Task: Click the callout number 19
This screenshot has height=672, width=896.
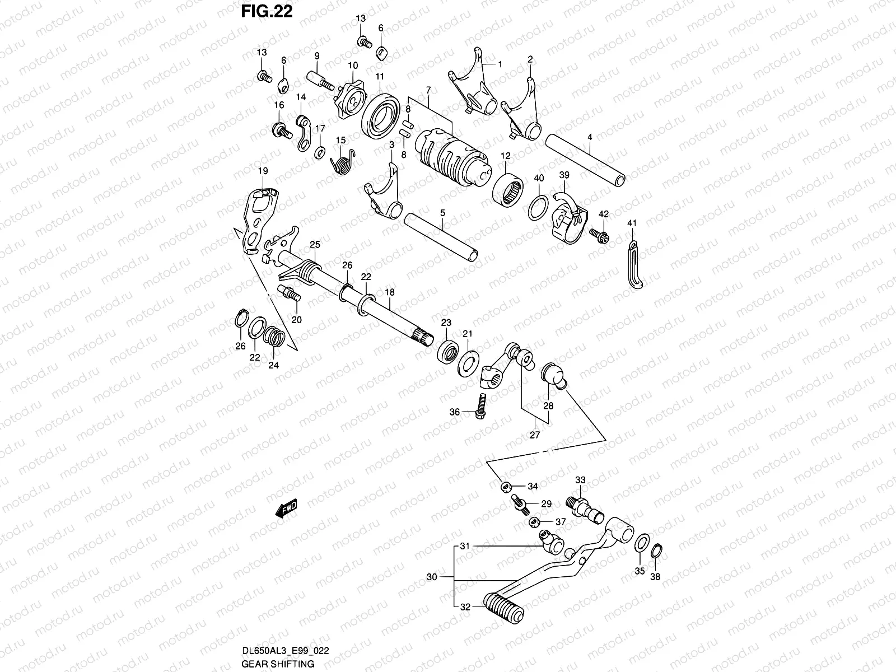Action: pyautogui.click(x=263, y=171)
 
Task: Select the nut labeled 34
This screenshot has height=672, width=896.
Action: pyautogui.click(x=506, y=486)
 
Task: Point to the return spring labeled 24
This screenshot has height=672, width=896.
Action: pyautogui.click(x=274, y=337)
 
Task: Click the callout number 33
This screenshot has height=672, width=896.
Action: pyautogui.click(x=580, y=480)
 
